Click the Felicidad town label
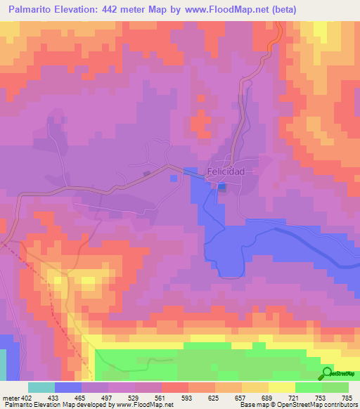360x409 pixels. click(x=226, y=171)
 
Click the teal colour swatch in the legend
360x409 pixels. click(x=41, y=387)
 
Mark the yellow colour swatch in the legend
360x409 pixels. click(x=282, y=387)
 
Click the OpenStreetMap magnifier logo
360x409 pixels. click(x=327, y=372)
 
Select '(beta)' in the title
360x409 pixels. click(x=280, y=9)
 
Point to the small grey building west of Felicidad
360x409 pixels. click(x=147, y=174)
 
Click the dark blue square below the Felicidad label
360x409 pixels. click(x=221, y=186)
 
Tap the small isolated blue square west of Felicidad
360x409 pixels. click(x=174, y=178)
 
